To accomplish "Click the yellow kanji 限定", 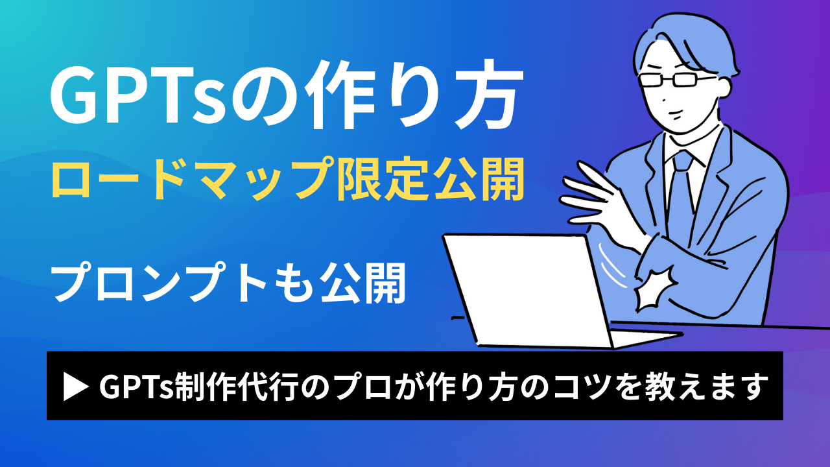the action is (x=381, y=180).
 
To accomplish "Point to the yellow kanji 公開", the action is (x=478, y=180).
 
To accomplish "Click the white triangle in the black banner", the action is (x=75, y=387).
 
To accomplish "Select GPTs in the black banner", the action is (x=136, y=387).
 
